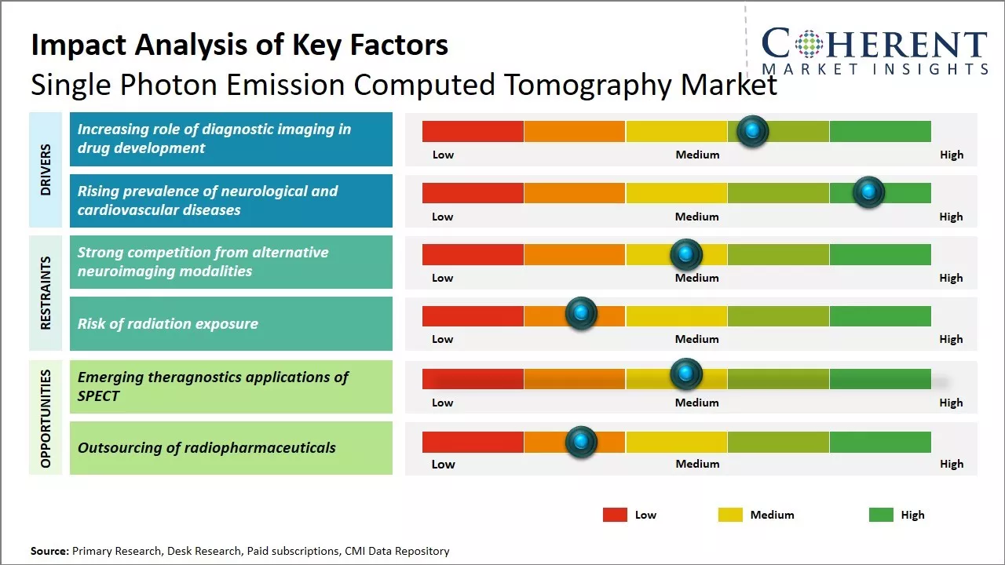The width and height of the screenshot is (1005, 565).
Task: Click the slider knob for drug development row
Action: click(x=753, y=131)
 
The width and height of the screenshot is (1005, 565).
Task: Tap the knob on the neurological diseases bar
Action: click(x=868, y=192)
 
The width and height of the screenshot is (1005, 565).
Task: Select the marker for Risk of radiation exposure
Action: click(x=581, y=314)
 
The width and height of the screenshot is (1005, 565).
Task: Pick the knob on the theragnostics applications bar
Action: click(x=686, y=374)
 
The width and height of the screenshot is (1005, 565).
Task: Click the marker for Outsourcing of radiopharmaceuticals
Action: click(x=581, y=442)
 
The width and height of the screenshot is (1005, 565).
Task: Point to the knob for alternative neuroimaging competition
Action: click(x=685, y=254)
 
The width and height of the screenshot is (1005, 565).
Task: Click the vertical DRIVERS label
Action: click(x=46, y=169)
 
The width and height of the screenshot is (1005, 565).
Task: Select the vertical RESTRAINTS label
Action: click(x=46, y=293)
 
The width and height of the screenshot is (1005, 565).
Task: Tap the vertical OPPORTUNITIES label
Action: click(x=46, y=419)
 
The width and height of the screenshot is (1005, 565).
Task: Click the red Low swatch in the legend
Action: click(x=615, y=515)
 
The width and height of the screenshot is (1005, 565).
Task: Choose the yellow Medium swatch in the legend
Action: click(x=730, y=515)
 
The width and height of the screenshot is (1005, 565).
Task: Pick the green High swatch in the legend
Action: click(x=881, y=515)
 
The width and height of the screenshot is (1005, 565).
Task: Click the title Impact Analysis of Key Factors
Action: click(x=239, y=46)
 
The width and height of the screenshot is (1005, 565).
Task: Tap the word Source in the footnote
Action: click(x=49, y=551)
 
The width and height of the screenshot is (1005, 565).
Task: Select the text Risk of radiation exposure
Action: click(x=167, y=324)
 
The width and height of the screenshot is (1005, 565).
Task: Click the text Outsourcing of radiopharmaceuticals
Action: click(x=206, y=448)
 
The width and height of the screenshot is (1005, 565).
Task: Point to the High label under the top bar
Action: click(x=952, y=155)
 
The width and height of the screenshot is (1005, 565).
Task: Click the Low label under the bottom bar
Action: click(x=443, y=464)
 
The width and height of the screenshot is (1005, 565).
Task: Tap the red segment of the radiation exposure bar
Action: click(x=473, y=315)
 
